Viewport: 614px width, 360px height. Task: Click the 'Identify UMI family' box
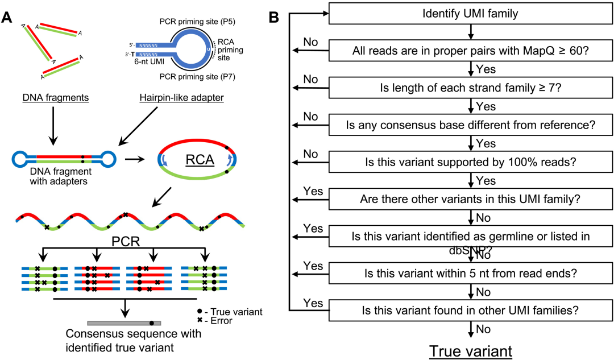point(471,13)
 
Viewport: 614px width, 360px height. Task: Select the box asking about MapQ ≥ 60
point(471,51)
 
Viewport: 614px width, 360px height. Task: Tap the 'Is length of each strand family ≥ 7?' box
point(471,88)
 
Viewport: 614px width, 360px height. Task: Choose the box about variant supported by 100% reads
point(471,162)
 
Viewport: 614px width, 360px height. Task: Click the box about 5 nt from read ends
point(471,273)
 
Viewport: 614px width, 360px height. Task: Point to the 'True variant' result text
point(471,351)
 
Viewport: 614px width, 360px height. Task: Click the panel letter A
point(7,17)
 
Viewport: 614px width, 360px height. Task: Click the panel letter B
point(273,17)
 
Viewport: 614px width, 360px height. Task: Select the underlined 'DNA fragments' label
point(56,98)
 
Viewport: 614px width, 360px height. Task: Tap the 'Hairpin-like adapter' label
point(182,98)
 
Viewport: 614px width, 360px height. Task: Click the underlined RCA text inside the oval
point(200,160)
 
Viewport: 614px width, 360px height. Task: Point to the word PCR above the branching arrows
point(126,241)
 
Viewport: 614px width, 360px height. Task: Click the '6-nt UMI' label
point(149,61)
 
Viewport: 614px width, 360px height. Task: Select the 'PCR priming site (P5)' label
point(197,22)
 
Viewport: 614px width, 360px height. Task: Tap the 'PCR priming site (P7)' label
point(197,77)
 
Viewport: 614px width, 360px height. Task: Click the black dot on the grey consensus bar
point(152,323)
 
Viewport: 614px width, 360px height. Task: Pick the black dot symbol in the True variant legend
point(200,311)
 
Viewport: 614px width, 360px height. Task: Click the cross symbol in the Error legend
point(200,320)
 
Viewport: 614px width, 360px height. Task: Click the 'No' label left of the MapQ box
point(310,42)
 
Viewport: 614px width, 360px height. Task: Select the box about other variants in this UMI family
point(471,199)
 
